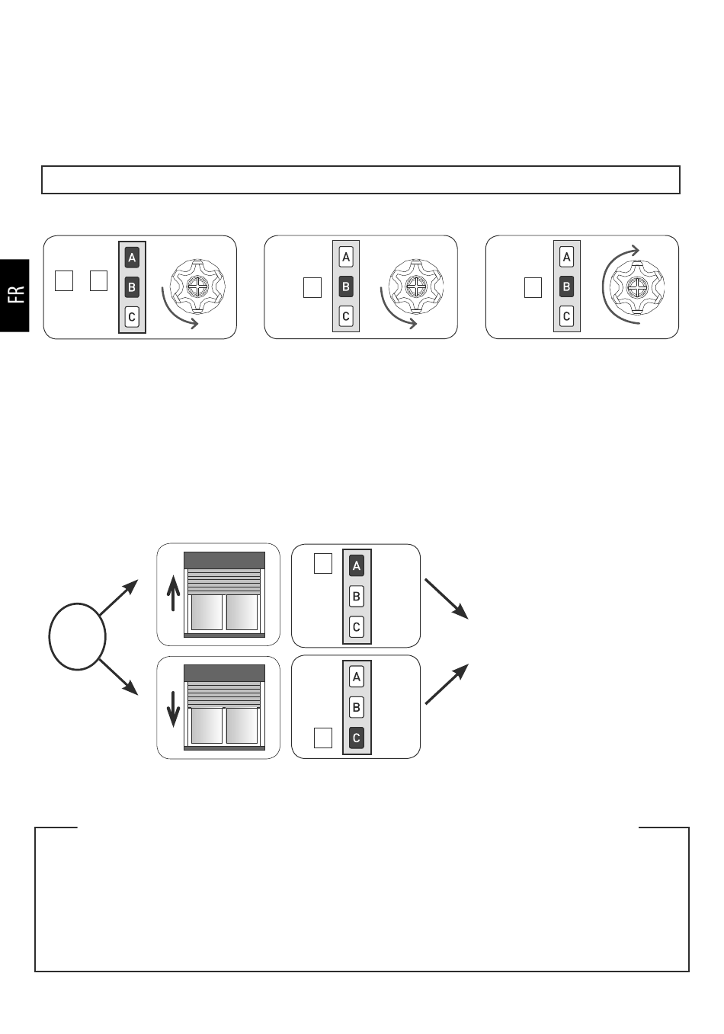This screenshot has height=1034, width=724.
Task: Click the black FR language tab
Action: click(x=14, y=296)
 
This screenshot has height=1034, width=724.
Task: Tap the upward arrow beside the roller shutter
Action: click(x=173, y=593)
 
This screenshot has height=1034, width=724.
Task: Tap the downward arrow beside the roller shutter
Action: click(x=173, y=709)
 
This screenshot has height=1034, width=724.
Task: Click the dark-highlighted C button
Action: click(x=356, y=738)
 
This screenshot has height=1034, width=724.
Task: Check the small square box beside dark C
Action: click(x=323, y=738)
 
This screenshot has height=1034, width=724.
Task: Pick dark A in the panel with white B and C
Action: click(x=356, y=566)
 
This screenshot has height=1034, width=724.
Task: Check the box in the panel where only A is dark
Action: click(x=323, y=563)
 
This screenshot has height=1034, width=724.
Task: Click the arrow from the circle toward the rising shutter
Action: click(x=118, y=597)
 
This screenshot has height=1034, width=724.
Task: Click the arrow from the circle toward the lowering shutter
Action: click(x=118, y=677)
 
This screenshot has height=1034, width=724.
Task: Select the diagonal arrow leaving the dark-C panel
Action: click(x=447, y=683)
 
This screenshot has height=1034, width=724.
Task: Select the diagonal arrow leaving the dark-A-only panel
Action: click(x=447, y=599)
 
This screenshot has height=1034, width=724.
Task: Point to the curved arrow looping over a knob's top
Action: click(x=603, y=287)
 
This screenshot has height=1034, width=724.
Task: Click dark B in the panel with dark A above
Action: click(x=132, y=287)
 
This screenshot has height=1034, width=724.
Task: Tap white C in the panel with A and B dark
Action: click(x=132, y=317)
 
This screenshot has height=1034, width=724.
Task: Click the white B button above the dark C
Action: click(x=356, y=707)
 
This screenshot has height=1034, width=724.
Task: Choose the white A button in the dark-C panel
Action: click(x=356, y=677)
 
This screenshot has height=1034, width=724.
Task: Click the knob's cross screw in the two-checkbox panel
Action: click(x=197, y=287)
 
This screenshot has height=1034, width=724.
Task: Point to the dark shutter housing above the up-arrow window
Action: click(x=224, y=560)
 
